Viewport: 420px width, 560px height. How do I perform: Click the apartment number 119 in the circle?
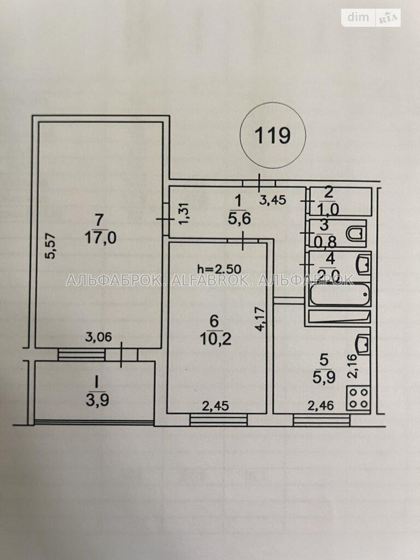272,136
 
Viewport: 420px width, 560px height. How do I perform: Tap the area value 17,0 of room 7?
101,237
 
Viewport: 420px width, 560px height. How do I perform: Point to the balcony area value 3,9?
97,400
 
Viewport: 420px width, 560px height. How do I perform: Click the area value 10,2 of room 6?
215,338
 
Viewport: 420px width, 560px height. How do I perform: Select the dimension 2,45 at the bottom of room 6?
215,406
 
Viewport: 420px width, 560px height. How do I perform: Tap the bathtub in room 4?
339,294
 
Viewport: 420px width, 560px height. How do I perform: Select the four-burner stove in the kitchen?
358,398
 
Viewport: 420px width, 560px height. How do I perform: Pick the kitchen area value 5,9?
324,377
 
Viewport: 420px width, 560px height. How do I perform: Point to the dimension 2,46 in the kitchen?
322,405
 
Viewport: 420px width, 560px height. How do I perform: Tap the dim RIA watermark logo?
371,17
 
